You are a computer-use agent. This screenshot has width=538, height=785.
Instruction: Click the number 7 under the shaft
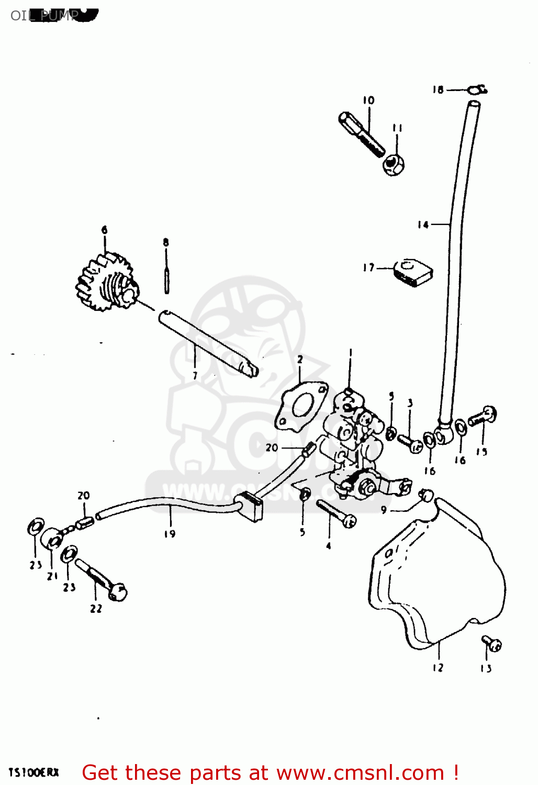click(x=195, y=375)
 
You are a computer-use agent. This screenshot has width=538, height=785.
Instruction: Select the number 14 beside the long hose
click(x=423, y=225)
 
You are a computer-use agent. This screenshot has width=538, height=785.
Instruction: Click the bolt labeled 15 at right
click(x=483, y=417)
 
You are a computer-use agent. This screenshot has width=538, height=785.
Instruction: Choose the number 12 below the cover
click(x=438, y=668)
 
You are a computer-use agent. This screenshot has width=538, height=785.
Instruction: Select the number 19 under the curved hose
click(x=170, y=534)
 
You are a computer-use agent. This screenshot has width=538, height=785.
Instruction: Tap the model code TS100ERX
click(x=34, y=772)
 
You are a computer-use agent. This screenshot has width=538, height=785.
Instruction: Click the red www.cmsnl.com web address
click(x=360, y=772)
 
